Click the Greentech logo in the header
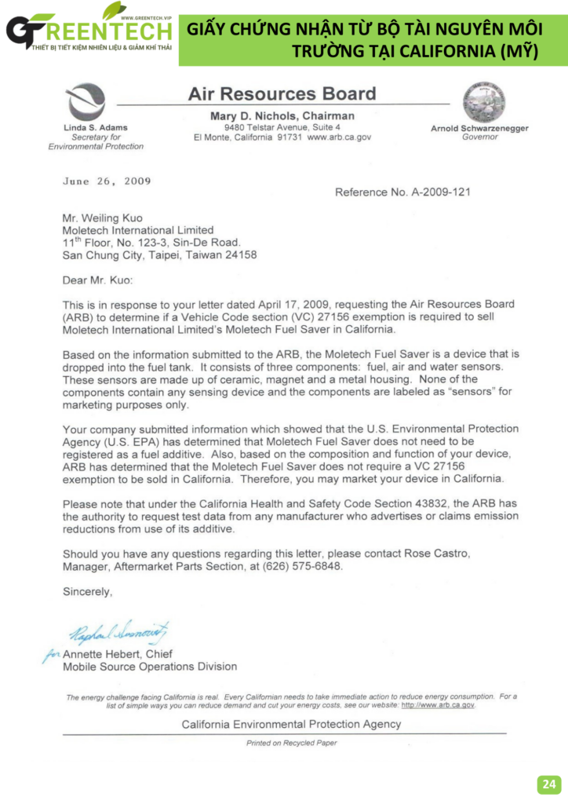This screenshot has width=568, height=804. pyautogui.click(x=88, y=31)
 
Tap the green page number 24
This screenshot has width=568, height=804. pyautogui.click(x=548, y=784)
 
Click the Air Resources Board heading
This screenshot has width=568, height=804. pyautogui.click(x=282, y=94)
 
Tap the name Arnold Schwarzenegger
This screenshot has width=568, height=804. pyautogui.click(x=479, y=128)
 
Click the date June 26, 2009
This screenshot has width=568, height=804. pyautogui.click(x=107, y=181)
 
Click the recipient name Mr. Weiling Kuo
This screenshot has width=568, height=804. pyautogui.click(x=104, y=217)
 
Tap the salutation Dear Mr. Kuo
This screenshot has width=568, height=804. pyautogui.click(x=98, y=280)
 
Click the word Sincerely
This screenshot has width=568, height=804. pyautogui.click(x=87, y=592)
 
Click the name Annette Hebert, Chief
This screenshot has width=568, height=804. pyautogui.click(x=123, y=654)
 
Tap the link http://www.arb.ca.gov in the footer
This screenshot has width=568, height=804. pyautogui.click(x=438, y=705)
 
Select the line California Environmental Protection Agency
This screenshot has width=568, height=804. pyautogui.click(x=291, y=724)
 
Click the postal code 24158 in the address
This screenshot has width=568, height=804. pyautogui.click(x=240, y=254)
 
